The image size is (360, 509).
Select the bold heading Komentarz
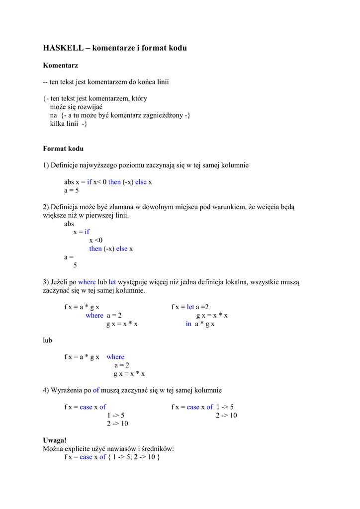coord(61,65)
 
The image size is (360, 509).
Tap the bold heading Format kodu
coord(63,149)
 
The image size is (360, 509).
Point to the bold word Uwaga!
coord(55,440)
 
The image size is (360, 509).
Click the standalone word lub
coord(48,340)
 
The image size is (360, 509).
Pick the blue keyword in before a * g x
coord(188,324)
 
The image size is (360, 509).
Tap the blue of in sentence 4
coord(96,391)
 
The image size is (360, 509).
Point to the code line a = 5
coord(72,190)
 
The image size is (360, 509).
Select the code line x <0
coord(95,240)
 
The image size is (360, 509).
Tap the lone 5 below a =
coord(75,265)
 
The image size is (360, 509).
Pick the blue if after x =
coord(87,232)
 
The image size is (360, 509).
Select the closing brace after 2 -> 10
coord(158,457)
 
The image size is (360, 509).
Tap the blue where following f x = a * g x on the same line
coord(115,357)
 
